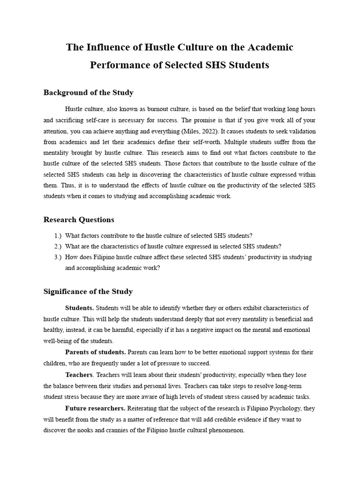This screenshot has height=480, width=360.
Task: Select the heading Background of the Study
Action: pos(88,92)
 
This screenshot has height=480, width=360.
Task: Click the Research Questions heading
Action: pos(79,219)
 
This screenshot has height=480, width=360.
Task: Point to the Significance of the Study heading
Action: pos(88,291)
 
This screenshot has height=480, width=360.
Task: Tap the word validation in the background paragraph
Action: pos(301,131)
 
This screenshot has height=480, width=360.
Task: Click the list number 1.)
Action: pos(58,236)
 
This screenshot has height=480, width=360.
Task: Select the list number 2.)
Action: pos(58,247)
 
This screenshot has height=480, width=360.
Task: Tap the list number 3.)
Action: pos(58,257)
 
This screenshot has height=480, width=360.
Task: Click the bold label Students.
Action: pos(79,308)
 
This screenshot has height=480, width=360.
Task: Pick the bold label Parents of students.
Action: pos(95,352)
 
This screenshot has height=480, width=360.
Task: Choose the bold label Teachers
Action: pos(79,375)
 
